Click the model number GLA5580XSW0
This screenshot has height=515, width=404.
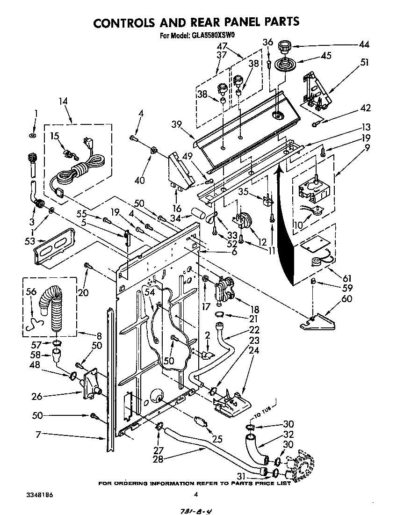[213, 36]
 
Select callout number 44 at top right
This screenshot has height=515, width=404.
[363, 45]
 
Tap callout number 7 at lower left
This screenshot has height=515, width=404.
[37, 435]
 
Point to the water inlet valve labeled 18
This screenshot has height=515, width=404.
[223, 290]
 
